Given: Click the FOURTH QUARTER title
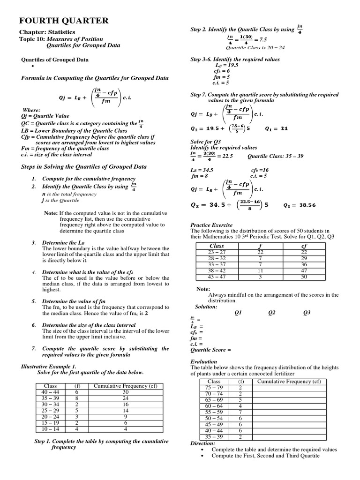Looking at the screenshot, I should (63, 21).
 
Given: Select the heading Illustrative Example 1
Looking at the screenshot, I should (49, 366).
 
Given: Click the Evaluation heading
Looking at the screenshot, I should (204, 361).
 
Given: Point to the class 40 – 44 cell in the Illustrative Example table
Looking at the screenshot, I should (50, 392).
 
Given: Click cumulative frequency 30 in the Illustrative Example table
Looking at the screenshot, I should (126, 392).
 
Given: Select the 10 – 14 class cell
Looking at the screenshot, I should (50, 428).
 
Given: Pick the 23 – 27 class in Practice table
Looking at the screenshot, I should (217, 252).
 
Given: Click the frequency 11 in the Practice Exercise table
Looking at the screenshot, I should (261, 270).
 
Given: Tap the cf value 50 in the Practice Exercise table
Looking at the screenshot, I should (304, 277).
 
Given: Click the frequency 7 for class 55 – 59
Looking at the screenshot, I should (240, 412).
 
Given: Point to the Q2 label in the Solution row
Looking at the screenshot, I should (272, 313).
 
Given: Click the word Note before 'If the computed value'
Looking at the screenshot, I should (50, 213).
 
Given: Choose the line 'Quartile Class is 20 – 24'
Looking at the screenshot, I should (255, 47).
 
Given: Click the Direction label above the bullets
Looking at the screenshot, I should (203, 443).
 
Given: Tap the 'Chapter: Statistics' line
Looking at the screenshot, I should (47, 32).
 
